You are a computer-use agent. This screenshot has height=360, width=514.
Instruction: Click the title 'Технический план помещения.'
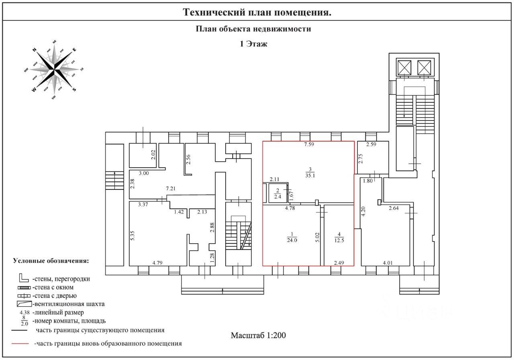(257, 12)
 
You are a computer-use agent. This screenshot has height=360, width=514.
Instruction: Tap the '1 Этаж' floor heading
(253, 44)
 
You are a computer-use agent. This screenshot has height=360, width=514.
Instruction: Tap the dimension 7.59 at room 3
(309, 145)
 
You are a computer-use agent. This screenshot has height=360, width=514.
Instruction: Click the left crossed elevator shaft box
(404, 67)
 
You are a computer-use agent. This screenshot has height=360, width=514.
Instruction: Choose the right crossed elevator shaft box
(424, 67)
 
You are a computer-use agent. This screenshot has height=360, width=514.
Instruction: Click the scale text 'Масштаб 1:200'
(258, 335)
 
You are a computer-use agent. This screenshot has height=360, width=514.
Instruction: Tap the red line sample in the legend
(20, 344)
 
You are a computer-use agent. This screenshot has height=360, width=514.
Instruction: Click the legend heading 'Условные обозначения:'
(51, 261)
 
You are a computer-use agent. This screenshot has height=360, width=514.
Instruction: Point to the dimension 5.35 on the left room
(132, 232)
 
